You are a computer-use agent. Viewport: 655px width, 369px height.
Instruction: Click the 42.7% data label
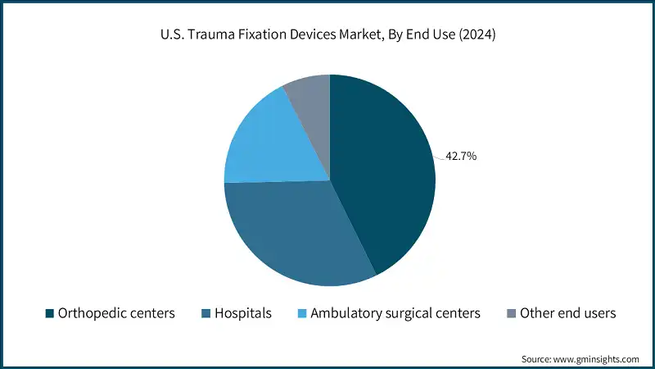[x=462, y=155]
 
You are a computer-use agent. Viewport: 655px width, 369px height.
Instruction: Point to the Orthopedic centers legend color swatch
[x=49, y=313]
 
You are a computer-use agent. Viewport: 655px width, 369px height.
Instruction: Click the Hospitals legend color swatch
[x=205, y=313]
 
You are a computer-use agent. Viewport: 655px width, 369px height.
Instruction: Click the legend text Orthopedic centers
[x=116, y=313]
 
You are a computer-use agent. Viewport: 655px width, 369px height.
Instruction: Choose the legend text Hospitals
[x=243, y=313]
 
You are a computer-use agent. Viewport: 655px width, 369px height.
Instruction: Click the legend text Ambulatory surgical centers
[x=395, y=313]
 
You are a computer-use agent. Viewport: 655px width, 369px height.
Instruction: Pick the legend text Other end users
[x=568, y=313]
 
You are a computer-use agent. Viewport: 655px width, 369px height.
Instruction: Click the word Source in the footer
[x=536, y=359]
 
